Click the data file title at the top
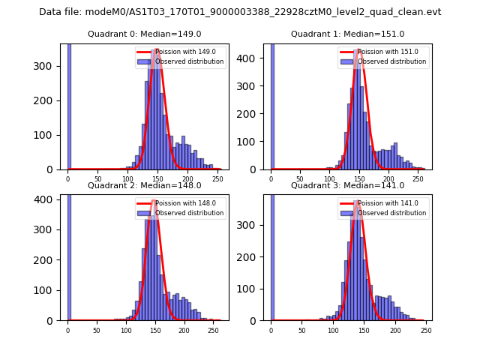[240, 12]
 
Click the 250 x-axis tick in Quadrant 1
[417, 177]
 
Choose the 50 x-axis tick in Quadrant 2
[97, 328]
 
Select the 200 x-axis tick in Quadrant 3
[394, 328]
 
